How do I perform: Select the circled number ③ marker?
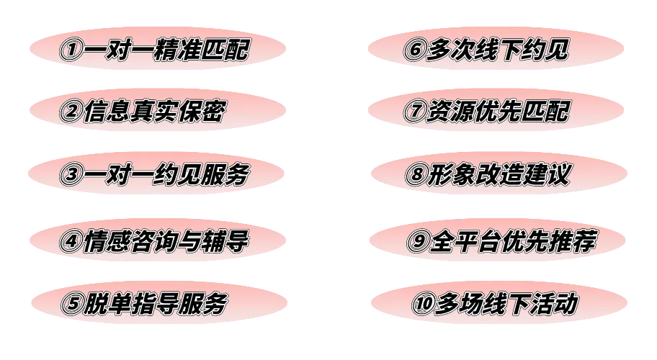(71, 175)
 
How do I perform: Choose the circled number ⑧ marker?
(417, 175)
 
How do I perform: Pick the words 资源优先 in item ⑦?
(479, 111)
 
